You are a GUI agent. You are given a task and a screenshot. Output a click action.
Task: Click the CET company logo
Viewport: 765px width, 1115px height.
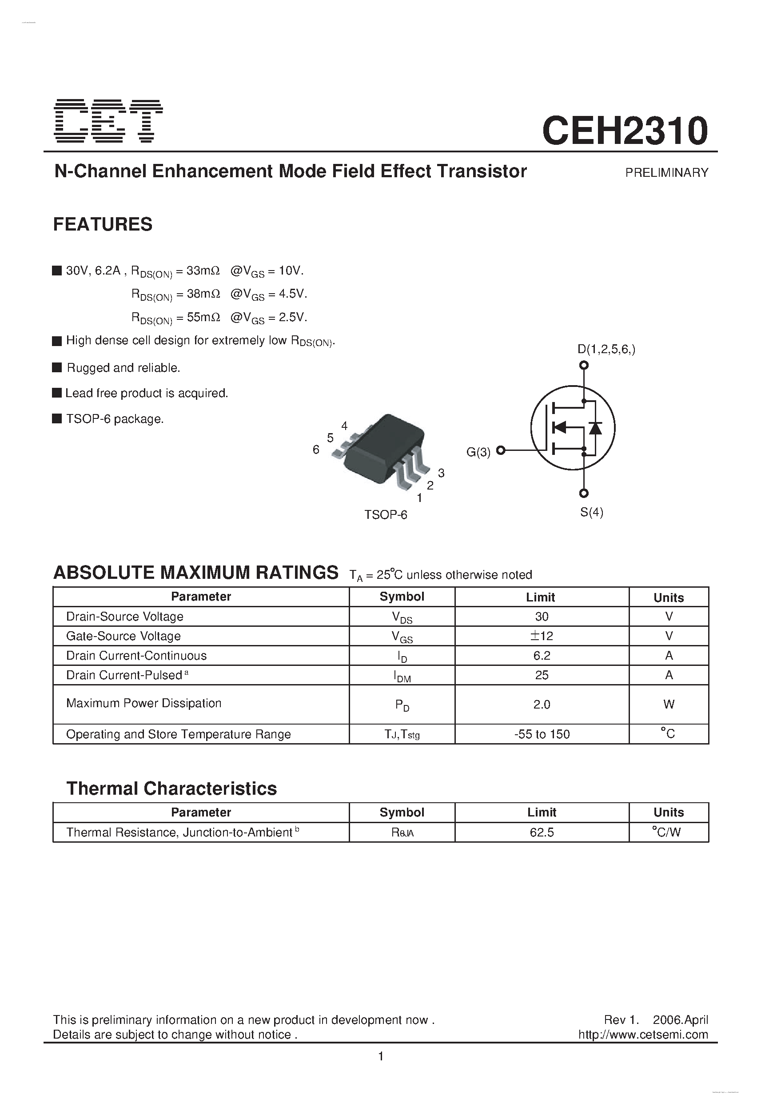(x=108, y=121)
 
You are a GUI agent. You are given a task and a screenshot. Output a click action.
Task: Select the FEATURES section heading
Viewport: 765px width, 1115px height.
(x=103, y=224)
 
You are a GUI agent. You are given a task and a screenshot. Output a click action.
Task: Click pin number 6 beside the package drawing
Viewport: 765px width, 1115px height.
(x=316, y=450)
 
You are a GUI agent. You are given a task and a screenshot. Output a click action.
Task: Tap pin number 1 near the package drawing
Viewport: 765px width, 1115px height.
(x=419, y=498)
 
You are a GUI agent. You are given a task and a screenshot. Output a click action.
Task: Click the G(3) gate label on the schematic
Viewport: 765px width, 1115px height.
(x=478, y=452)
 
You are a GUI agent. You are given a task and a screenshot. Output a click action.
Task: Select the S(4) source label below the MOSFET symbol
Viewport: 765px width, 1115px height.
(x=591, y=512)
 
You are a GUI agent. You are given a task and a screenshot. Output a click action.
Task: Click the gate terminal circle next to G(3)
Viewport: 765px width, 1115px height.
(x=501, y=450)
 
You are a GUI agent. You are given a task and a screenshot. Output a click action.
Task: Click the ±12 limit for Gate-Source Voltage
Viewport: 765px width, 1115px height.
(x=542, y=636)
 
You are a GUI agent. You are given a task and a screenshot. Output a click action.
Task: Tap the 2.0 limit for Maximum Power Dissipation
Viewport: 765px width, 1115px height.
(x=542, y=704)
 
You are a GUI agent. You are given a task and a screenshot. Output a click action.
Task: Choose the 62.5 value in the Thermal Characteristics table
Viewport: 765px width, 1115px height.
(x=542, y=832)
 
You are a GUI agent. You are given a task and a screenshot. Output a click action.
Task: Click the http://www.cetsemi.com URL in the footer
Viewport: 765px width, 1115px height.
(x=643, y=1035)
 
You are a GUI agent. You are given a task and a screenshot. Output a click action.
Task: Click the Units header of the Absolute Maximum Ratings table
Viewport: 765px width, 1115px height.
(x=668, y=597)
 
